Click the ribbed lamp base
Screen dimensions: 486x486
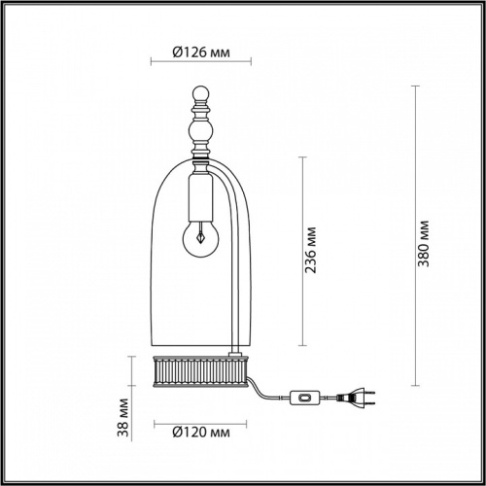(x=199, y=370)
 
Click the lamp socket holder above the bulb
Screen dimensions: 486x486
(x=198, y=199)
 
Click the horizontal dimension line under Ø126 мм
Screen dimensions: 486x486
(x=198, y=65)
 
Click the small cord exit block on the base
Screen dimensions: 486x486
(x=235, y=352)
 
